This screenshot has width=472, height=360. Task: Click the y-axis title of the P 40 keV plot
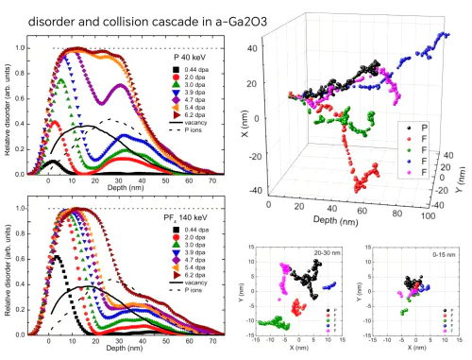pos(8,113)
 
